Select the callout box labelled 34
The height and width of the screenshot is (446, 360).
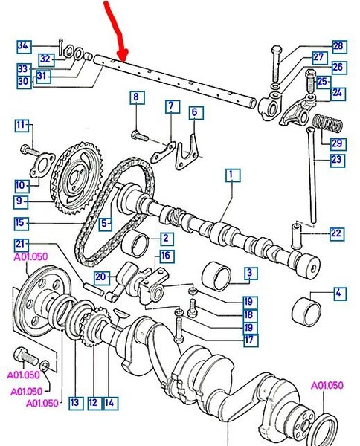(x=23, y=46)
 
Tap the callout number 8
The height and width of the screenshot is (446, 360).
(x=136, y=97)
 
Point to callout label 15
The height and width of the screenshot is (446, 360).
(x=22, y=222)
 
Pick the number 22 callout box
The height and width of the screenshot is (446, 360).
(x=336, y=233)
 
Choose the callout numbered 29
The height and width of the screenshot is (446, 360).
(x=337, y=142)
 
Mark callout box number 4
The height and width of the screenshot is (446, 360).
(x=338, y=294)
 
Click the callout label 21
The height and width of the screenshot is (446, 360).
(x=22, y=246)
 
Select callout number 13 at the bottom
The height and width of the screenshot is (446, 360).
(x=74, y=403)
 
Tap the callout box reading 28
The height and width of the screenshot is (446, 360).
(x=338, y=46)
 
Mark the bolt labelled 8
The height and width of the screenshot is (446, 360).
(x=138, y=135)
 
